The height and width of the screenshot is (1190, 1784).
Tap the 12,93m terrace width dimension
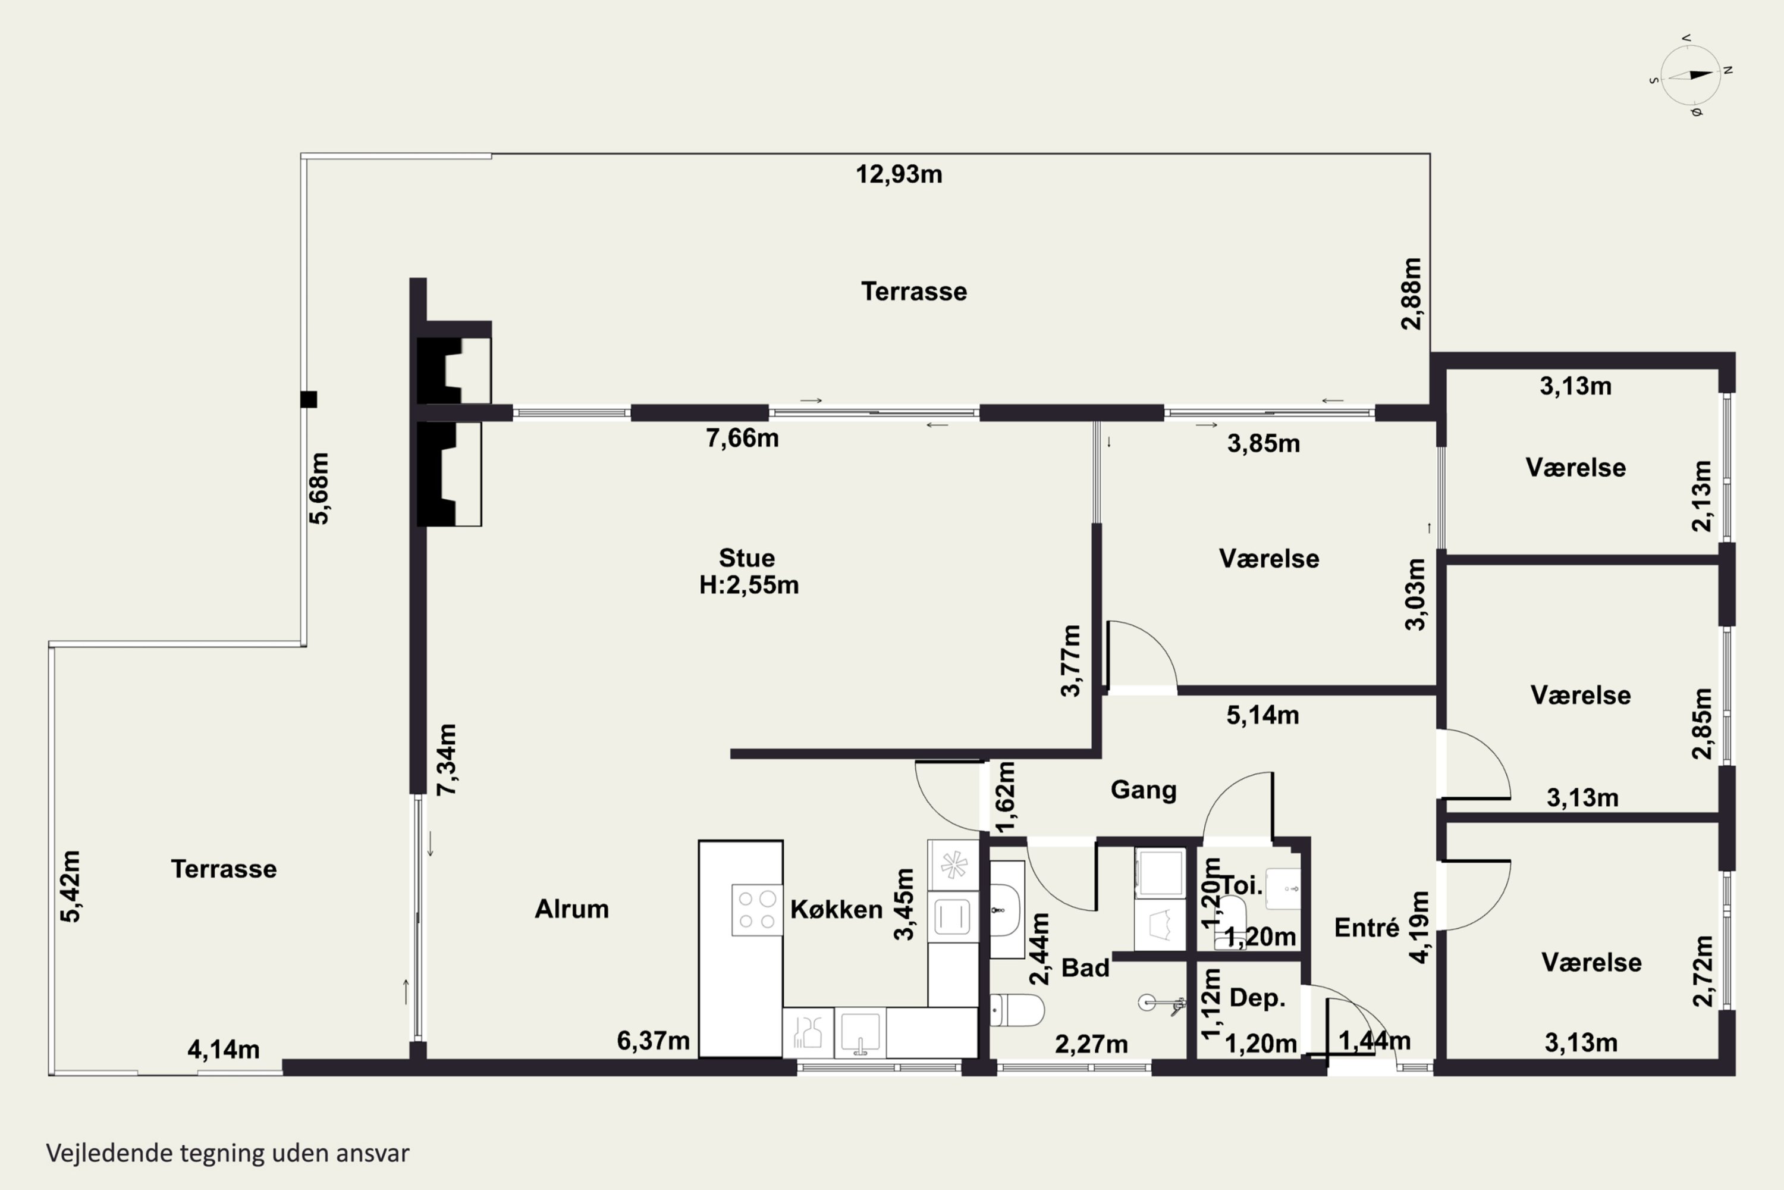point(899,174)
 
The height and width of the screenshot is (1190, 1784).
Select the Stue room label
point(746,558)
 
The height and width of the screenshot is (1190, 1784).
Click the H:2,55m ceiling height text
point(749,585)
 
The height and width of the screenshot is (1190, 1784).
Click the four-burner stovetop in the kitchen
point(757,910)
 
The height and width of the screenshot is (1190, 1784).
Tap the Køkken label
point(836,909)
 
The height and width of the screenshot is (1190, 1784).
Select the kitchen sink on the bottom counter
point(860,1033)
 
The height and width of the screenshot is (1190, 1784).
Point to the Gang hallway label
point(1143,790)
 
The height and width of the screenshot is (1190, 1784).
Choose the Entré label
point(1366,928)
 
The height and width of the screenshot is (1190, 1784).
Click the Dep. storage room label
point(1257,998)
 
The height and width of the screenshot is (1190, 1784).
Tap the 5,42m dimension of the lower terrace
point(71,887)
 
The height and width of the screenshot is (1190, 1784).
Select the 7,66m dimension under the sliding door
point(742,438)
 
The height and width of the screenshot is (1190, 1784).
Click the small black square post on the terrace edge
point(308,399)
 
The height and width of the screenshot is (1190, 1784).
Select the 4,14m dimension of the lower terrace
point(223,1050)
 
